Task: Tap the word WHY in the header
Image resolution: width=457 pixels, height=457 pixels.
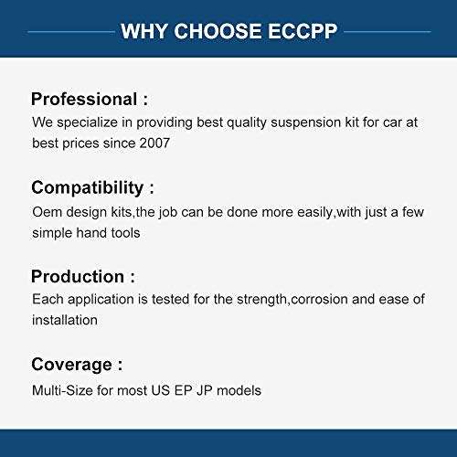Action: click(x=143, y=32)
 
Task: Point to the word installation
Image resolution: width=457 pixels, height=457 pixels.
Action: click(x=65, y=320)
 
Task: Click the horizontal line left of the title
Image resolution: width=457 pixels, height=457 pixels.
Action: click(x=69, y=33)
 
